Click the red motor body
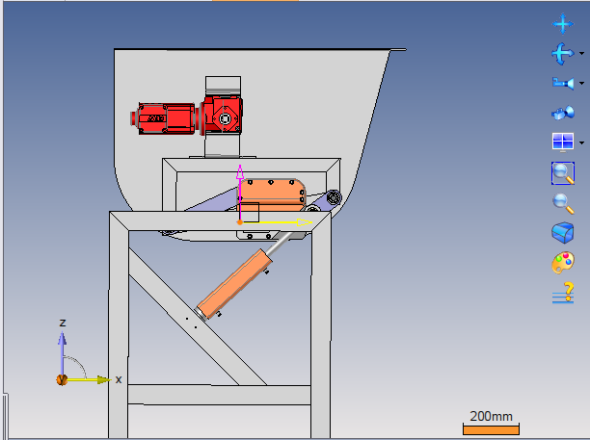165,118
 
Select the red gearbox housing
222,116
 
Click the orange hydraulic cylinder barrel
234,283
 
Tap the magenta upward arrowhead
240,172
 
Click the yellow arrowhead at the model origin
304,222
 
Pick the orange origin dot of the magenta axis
240,222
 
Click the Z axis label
63,323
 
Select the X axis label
119,379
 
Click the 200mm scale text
491,416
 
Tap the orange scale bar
491,429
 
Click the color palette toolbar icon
563,262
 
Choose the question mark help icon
563,293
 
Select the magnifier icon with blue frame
563,173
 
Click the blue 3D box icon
563,233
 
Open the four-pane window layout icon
563,142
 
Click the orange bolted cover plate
271,195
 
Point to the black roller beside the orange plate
334,197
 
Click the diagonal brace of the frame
198,317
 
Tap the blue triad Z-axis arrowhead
63,338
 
